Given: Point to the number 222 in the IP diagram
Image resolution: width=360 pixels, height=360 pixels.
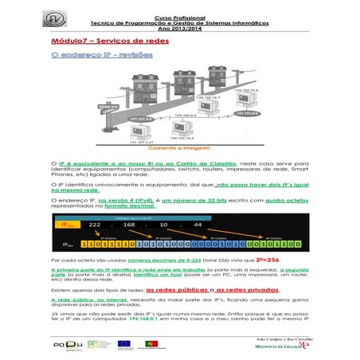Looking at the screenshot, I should click(98, 225).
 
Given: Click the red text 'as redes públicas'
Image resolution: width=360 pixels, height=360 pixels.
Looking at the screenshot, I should click(185, 290).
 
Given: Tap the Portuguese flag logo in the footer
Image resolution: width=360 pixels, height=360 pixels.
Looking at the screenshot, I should click(148, 344).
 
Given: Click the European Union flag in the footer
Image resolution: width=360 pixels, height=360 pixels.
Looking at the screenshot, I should click(125, 344).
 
